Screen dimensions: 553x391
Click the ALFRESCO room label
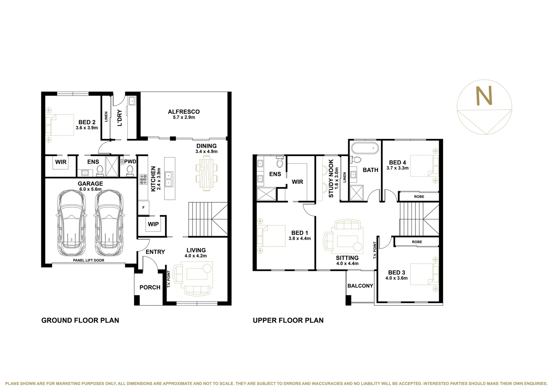(184, 112)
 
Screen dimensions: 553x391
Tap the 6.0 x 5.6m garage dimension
(90, 189)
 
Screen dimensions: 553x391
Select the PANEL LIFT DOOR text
(89, 260)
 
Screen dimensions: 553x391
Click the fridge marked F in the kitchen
(143, 207)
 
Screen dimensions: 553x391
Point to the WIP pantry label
(153, 224)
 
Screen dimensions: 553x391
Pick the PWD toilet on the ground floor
(130, 171)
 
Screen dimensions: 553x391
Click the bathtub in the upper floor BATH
(365, 148)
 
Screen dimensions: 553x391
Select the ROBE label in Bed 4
(419, 197)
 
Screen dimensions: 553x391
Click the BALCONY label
(360, 286)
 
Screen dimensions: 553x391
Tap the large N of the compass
(484, 96)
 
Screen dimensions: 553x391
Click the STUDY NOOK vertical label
(331, 178)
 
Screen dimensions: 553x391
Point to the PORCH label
(150, 287)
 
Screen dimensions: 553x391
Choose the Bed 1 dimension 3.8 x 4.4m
(300, 238)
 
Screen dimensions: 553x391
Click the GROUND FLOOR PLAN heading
(80, 320)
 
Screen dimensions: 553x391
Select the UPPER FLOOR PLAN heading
(288, 320)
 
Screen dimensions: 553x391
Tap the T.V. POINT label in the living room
(169, 279)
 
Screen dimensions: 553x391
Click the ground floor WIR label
(61, 162)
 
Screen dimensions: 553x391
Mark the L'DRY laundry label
(120, 118)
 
